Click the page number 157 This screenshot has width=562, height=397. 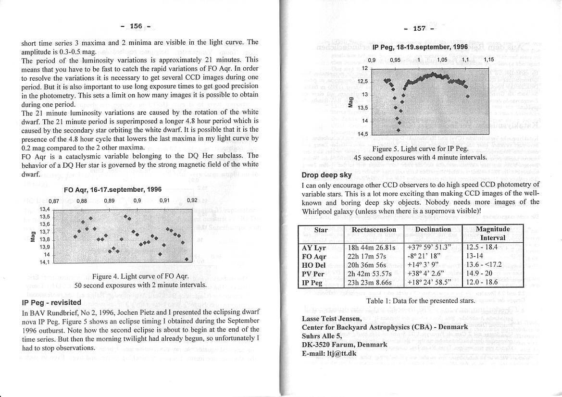point(419,28)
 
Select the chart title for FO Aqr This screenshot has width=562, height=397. point(112,190)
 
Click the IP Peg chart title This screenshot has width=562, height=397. point(420,47)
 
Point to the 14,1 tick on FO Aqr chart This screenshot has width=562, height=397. point(44,262)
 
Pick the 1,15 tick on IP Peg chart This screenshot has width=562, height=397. point(488,60)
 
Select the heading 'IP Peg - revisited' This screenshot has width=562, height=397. point(51,303)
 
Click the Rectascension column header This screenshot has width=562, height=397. point(374,230)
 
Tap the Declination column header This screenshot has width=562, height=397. point(433,230)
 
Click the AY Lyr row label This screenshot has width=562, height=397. point(313,248)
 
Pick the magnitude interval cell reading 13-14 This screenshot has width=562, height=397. point(476,257)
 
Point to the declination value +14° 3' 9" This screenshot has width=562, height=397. point(423,265)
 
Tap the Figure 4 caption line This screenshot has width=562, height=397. point(139,276)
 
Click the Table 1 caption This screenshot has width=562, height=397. point(420,300)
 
